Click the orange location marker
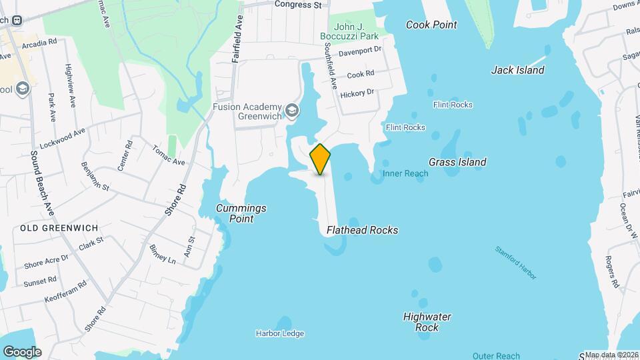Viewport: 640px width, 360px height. point(321,159)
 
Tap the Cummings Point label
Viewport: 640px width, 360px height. point(241,213)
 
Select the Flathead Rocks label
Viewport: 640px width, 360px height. point(362,230)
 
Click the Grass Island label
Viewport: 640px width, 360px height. point(457,162)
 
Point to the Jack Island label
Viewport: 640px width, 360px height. point(517,70)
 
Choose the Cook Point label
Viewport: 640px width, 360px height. point(432,25)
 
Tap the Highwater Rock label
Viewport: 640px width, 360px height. point(427,322)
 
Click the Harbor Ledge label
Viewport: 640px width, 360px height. point(279,333)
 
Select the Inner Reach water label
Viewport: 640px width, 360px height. point(405,173)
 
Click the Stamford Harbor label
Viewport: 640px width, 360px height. point(515,263)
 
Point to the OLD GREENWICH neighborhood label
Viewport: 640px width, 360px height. point(51,228)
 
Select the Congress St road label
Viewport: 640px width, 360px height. point(298,4)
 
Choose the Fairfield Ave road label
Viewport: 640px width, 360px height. point(236,40)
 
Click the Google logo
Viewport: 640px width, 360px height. point(22,352)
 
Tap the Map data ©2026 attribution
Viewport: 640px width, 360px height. point(611,355)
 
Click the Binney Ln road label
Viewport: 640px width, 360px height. point(163,254)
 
